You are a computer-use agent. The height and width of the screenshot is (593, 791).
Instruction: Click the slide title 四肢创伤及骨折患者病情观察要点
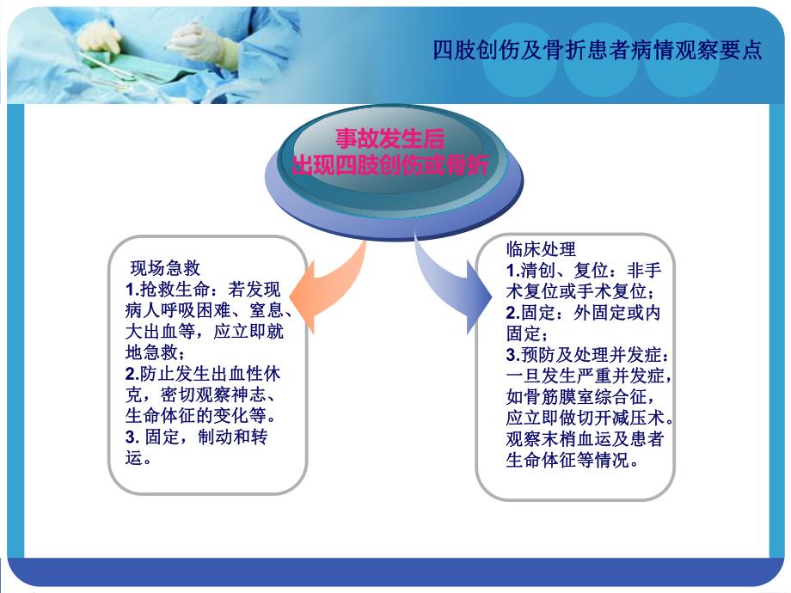tap(598, 51)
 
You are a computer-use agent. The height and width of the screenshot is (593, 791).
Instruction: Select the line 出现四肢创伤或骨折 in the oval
tap(389, 165)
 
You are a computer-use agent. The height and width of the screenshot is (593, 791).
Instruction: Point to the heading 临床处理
tap(541, 249)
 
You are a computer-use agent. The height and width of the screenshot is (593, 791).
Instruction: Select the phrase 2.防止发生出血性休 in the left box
tap(203, 374)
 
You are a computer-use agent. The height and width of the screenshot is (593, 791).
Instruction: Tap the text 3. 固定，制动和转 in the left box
tap(197, 437)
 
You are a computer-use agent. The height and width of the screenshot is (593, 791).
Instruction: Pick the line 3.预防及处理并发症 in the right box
tap(584, 355)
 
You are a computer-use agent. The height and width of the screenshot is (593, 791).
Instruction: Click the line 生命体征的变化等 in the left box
tap(203, 416)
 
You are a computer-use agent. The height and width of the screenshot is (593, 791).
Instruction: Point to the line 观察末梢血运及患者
tap(584, 439)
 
